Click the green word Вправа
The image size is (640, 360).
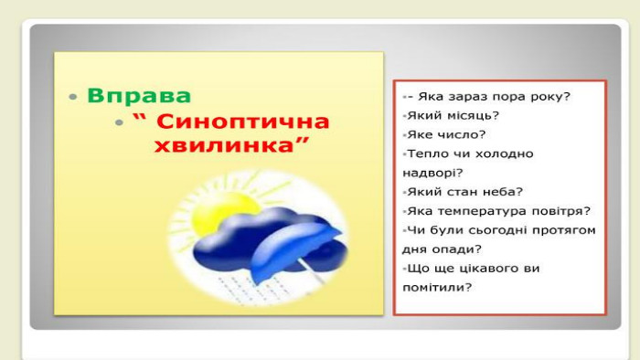click(x=139, y=96)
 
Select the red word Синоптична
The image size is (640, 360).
click(x=242, y=122)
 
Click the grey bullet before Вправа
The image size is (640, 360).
click(x=73, y=97)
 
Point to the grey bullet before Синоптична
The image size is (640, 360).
click(x=119, y=122)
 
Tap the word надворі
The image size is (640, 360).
click(x=432, y=173)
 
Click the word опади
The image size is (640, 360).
click(x=457, y=249)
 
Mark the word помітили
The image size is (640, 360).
click(x=437, y=288)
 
